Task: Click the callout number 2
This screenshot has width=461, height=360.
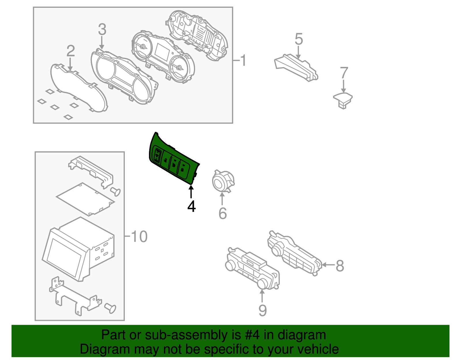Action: pos(71,51)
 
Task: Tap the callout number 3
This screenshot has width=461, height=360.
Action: pos(102,29)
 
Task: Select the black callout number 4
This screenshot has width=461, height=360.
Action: pos(191,206)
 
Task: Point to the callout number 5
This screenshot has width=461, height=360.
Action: pos(299,39)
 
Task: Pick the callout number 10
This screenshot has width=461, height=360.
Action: pos(139,237)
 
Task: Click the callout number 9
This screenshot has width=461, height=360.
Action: pos(262,310)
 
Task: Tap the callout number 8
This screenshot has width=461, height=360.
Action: pos(340,265)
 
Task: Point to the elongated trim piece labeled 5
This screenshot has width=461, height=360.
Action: pos(297,68)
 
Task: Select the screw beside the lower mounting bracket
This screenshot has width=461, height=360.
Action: pos(110,308)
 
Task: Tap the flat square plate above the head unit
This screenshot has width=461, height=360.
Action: pos(85,199)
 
